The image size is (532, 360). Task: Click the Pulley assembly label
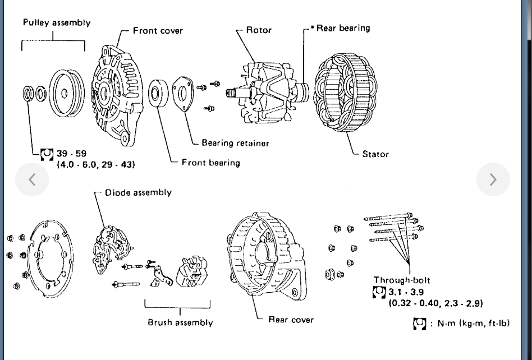(x=56, y=23)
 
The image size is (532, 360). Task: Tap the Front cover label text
(x=158, y=30)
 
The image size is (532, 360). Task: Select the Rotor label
(x=259, y=30)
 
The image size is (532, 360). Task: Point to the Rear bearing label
(x=343, y=27)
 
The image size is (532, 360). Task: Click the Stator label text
(x=375, y=154)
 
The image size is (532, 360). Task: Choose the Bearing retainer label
(x=235, y=143)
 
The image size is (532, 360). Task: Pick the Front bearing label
(x=210, y=163)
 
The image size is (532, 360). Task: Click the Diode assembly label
(x=138, y=192)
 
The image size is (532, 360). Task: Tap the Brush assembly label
(x=180, y=322)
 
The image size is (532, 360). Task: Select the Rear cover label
(x=291, y=320)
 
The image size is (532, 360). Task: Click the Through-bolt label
(x=402, y=280)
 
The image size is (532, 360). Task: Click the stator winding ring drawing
(x=345, y=93)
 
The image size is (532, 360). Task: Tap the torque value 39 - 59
(x=72, y=154)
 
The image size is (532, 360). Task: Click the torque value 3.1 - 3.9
(x=406, y=292)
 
